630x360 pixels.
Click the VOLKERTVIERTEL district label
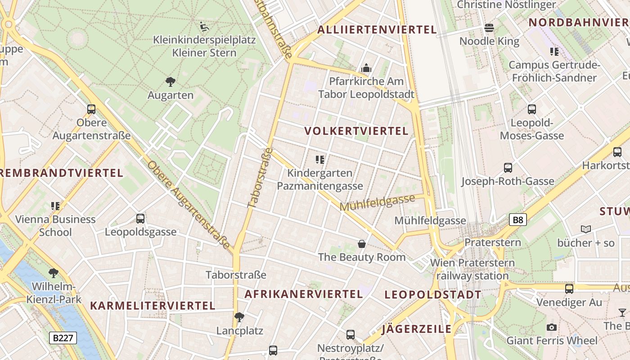[x=356, y=131]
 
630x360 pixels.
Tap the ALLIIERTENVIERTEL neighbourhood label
[x=377, y=30]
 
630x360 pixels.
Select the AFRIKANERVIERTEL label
[x=304, y=294]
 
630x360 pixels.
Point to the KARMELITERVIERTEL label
[x=153, y=306]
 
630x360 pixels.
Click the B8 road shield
[x=518, y=220]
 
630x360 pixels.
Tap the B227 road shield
[x=63, y=338]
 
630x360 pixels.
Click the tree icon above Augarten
[x=171, y=82]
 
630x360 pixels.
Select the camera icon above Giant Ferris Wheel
[x=552, y=327]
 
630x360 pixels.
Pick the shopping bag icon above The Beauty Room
[x=361, y=244]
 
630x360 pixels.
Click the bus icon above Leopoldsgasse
[x=140, y=219]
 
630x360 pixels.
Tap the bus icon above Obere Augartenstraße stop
[x=91, y=109]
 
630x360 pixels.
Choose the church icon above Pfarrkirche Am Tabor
[x=366, y=68]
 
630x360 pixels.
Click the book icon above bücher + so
[x=585, y=229]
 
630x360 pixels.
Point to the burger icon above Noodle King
[x=489, y=28]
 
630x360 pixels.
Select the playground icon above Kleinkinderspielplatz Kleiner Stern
[x=204, y=27]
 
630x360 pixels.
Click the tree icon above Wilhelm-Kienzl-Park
[x=54, y=273]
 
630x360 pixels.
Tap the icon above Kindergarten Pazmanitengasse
[x=320, y=159]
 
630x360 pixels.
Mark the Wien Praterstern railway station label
[x=472, y=269]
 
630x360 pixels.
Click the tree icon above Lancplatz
[x=239, y=317]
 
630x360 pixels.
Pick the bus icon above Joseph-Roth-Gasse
[x=508, y=168]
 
